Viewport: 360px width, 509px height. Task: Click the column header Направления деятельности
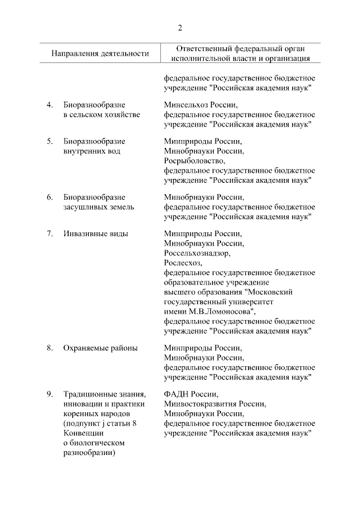(100, 53)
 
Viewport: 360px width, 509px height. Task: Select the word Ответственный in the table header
(200, 48)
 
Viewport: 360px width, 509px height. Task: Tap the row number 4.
(49, 105)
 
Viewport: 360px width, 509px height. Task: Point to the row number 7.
(49, 233)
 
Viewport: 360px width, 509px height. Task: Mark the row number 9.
(49, 394)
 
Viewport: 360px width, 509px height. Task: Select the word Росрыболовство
(194, 161)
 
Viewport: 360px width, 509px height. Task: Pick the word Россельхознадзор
(197, 253)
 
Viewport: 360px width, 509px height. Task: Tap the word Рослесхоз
(183, 263)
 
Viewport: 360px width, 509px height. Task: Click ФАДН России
(191, 394)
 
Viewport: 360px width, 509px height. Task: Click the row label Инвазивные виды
(96, 233)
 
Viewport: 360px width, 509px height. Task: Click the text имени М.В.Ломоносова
(210, 311)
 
